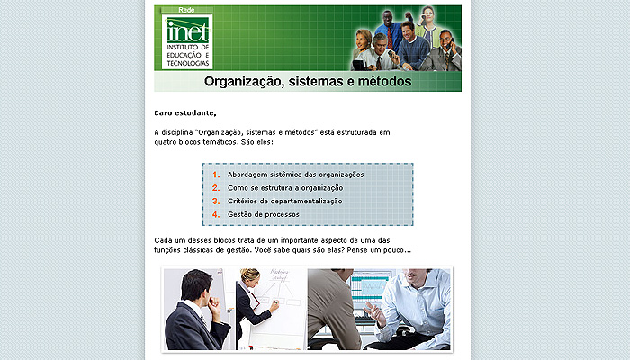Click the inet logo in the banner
(187, 41)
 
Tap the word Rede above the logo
(186, 10)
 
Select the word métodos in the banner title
(384, 82)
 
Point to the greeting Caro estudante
(185, 113)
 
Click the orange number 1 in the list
(216, 175)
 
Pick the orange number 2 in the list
(216, 188)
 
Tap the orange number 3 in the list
(216, 202)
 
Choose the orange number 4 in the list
(216, 214)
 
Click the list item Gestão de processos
(264, 214)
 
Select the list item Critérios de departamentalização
(285, 202)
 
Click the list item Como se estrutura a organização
(285, 188)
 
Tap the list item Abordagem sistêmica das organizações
(296, 175)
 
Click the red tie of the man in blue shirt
(390, 38)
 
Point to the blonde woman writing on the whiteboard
(254, 306)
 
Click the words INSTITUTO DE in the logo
(187, 47)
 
